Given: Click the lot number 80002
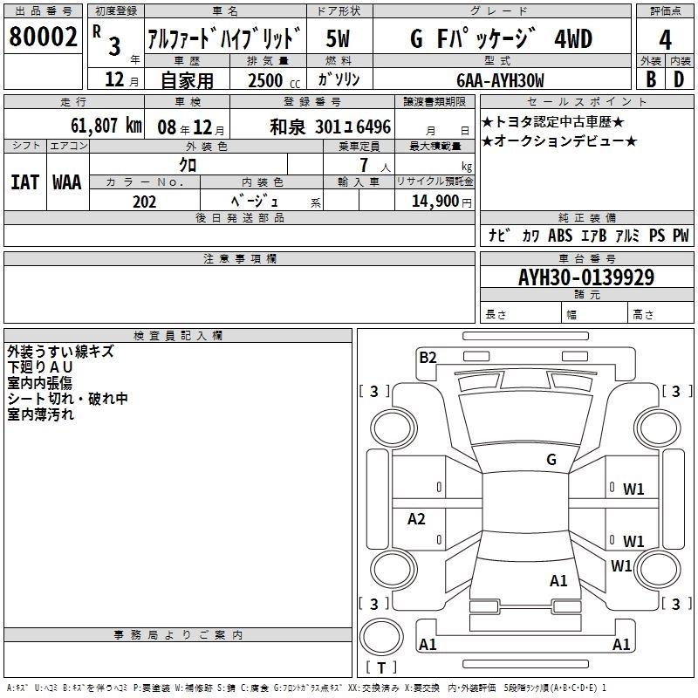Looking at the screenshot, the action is click(43, 37).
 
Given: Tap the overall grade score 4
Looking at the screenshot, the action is click(665, 40).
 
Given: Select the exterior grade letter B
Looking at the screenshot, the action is click(651, 79).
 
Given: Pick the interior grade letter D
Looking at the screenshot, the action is click(679, 79).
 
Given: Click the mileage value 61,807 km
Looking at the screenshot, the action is click(106, 126).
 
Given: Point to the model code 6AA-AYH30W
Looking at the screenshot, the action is click(500, 80).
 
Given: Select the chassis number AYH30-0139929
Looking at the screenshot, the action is click(586, 277).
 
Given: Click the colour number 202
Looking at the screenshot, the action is click(144, 202).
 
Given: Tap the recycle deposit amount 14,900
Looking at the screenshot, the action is click(435, 202).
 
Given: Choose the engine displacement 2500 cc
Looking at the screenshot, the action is click(274, 80).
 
